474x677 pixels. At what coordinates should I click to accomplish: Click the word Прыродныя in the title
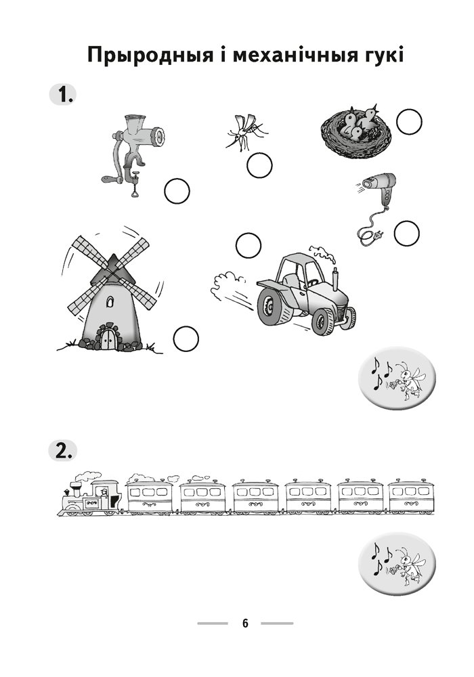(150, 56)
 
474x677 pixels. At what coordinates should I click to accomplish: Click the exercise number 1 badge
(62, 95)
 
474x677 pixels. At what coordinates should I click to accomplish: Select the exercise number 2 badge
(62, 450)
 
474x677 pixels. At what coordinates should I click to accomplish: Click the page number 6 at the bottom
(245, 623)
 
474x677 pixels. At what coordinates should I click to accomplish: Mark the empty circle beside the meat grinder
(177, 192)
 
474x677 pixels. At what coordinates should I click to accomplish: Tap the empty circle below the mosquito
(259, 165)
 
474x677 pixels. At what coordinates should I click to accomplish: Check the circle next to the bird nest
(409, 122)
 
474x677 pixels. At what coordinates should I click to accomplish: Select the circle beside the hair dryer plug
(407, 233)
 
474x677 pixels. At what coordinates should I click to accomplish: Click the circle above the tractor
(249, 245)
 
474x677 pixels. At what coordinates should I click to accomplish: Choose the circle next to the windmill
(186, 338)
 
